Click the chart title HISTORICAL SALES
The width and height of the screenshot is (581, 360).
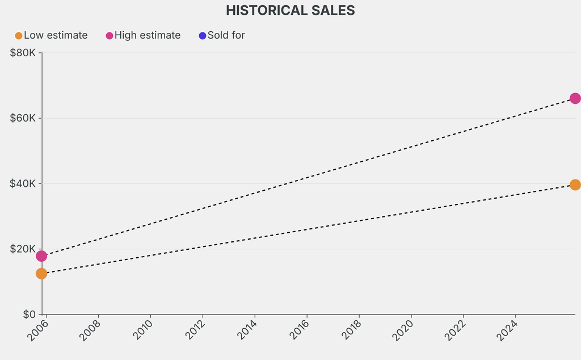(290, 10)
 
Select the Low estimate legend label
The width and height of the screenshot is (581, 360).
(56, 35)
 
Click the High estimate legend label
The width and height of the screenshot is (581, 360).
(148, 35)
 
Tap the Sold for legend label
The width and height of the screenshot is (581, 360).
(226, 35)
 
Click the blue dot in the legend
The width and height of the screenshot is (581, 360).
(203, 36)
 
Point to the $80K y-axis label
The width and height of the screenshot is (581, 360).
(23, 53)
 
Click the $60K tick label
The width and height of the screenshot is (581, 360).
(23, 118)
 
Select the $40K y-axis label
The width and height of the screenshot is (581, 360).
(23, 183)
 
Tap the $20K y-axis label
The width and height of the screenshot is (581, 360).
(23, 249)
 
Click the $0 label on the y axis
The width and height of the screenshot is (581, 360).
(30, 314)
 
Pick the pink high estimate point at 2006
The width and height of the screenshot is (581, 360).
(41, 256)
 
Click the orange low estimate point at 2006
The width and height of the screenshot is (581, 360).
(41, 274)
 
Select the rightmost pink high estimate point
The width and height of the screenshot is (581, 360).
(575, 98)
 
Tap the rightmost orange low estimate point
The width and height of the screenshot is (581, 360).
(575, 185)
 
